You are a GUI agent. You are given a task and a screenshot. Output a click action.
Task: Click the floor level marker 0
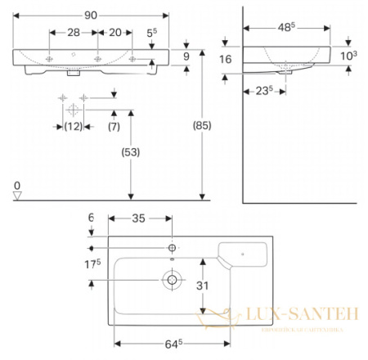click(x=16, y=187)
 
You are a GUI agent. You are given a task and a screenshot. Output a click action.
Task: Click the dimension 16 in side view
click(x=227, y=60)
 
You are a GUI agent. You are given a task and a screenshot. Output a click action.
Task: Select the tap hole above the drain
click(x=173, y=248)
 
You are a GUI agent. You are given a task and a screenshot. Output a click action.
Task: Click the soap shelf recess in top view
click(x=245, y=250)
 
